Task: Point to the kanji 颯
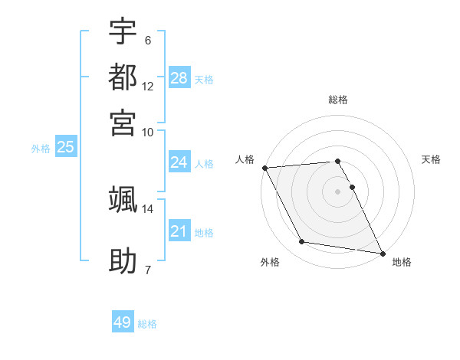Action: pyautogui.click(x=123, y=199)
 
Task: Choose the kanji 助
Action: pyautogui.click(x=123, y=260)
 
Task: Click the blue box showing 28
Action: pyautogui.click(x=179, y=78)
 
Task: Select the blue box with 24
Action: pyautogui.click(x=179, y=162)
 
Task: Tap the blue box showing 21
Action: pyautogui.click(x=179, y=231)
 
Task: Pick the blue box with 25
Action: pyautogui.click(x=65, y=148)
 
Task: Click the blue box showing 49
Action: pyautogui.click(x=123, y=322)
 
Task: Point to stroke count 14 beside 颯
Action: pyautogui.click(x=148, y=208)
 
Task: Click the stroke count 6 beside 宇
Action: pyautogui.click(x=148, y=40)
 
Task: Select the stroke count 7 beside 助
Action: pyautogui.click(x=148, y=270)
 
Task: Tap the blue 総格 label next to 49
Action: pyautogui.click(x=148, y=324)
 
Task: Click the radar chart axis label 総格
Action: pyautogui.click(x=337, y=100)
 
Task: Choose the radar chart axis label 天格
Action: pyautogui.click(x=431, y=159)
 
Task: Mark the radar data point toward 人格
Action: pyautogui.click(x=264, y=168)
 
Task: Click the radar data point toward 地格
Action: pyautogui.click(x=382, y=252)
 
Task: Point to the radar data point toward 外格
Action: pyautogui.click(x=302, y=242)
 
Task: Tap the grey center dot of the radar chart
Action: pyautogui.click(x=337, y=191)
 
